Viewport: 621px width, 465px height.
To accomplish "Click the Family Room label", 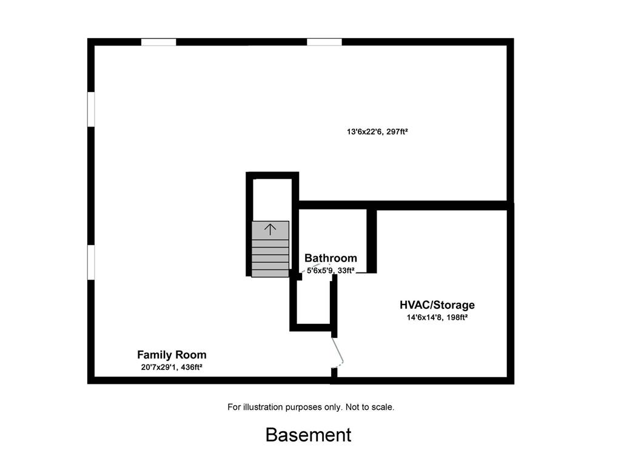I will [x=172, y=355].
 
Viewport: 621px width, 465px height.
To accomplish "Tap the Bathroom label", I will [x=331, y=259].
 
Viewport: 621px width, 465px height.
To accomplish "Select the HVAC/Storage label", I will [x=437, y=305].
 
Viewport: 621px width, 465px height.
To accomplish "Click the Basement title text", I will [x=308, y=435].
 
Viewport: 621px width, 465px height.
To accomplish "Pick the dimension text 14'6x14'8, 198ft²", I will [x=437, y=317].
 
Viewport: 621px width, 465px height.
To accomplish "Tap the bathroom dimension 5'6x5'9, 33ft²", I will [x=331, y=271].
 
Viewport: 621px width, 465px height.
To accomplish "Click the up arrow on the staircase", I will [x=270, y=229].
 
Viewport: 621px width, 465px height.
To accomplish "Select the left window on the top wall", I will [x=158, y=42].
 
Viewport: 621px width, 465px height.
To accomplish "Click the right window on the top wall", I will [x=324, y=42].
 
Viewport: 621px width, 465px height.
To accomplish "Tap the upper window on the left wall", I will [x=91, y=110].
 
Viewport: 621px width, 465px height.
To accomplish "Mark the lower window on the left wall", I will [x=91, y=262].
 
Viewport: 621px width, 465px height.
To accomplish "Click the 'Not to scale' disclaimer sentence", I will [x=370, y=407].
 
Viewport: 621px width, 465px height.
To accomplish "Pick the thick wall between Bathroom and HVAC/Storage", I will [x=372, y=240].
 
